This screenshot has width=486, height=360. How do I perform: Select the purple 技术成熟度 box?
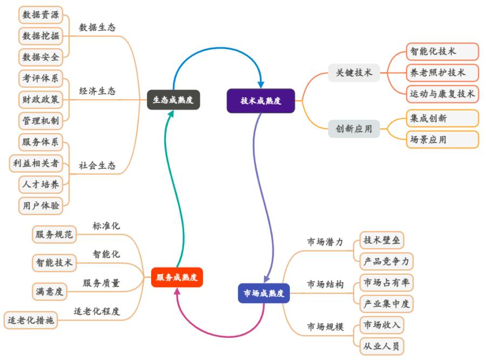point(261,101)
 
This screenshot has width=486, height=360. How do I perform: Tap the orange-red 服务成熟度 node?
point(177,277)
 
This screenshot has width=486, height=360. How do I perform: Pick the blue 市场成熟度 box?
point(264,293)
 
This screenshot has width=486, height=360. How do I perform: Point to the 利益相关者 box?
point(35,163)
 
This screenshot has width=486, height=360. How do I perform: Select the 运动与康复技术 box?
point(442,93)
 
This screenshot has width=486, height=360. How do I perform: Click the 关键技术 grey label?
point(354,73)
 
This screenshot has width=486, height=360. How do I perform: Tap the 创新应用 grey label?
point(354,129)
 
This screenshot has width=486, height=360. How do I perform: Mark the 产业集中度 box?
point(387,303)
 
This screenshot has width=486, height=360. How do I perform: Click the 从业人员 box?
point(382,345)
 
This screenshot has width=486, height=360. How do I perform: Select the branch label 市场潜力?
point(325,242)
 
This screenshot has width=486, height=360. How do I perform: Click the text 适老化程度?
point(97,311)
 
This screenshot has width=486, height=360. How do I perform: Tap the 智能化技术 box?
point(433,52)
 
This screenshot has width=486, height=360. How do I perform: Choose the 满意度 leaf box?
point(49,292)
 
